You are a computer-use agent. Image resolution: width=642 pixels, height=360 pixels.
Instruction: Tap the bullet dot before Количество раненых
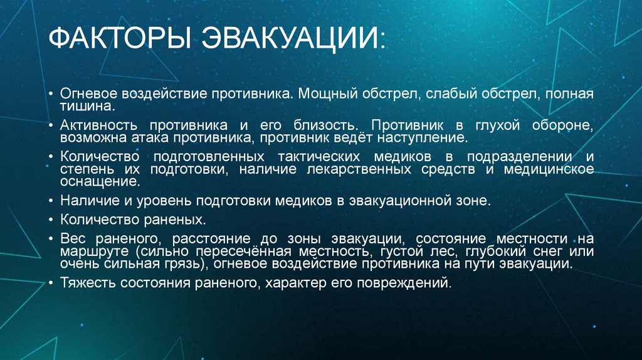click(x=51, y=220)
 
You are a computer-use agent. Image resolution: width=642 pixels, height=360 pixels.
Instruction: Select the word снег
click(x=517, y=251)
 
